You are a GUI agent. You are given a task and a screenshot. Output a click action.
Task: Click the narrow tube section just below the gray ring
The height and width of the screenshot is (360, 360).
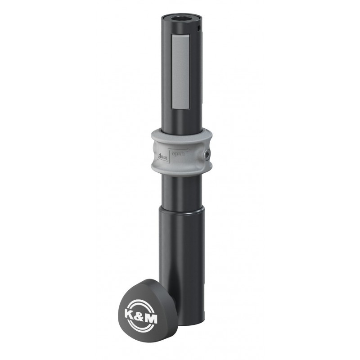click(x=181, y=189)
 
